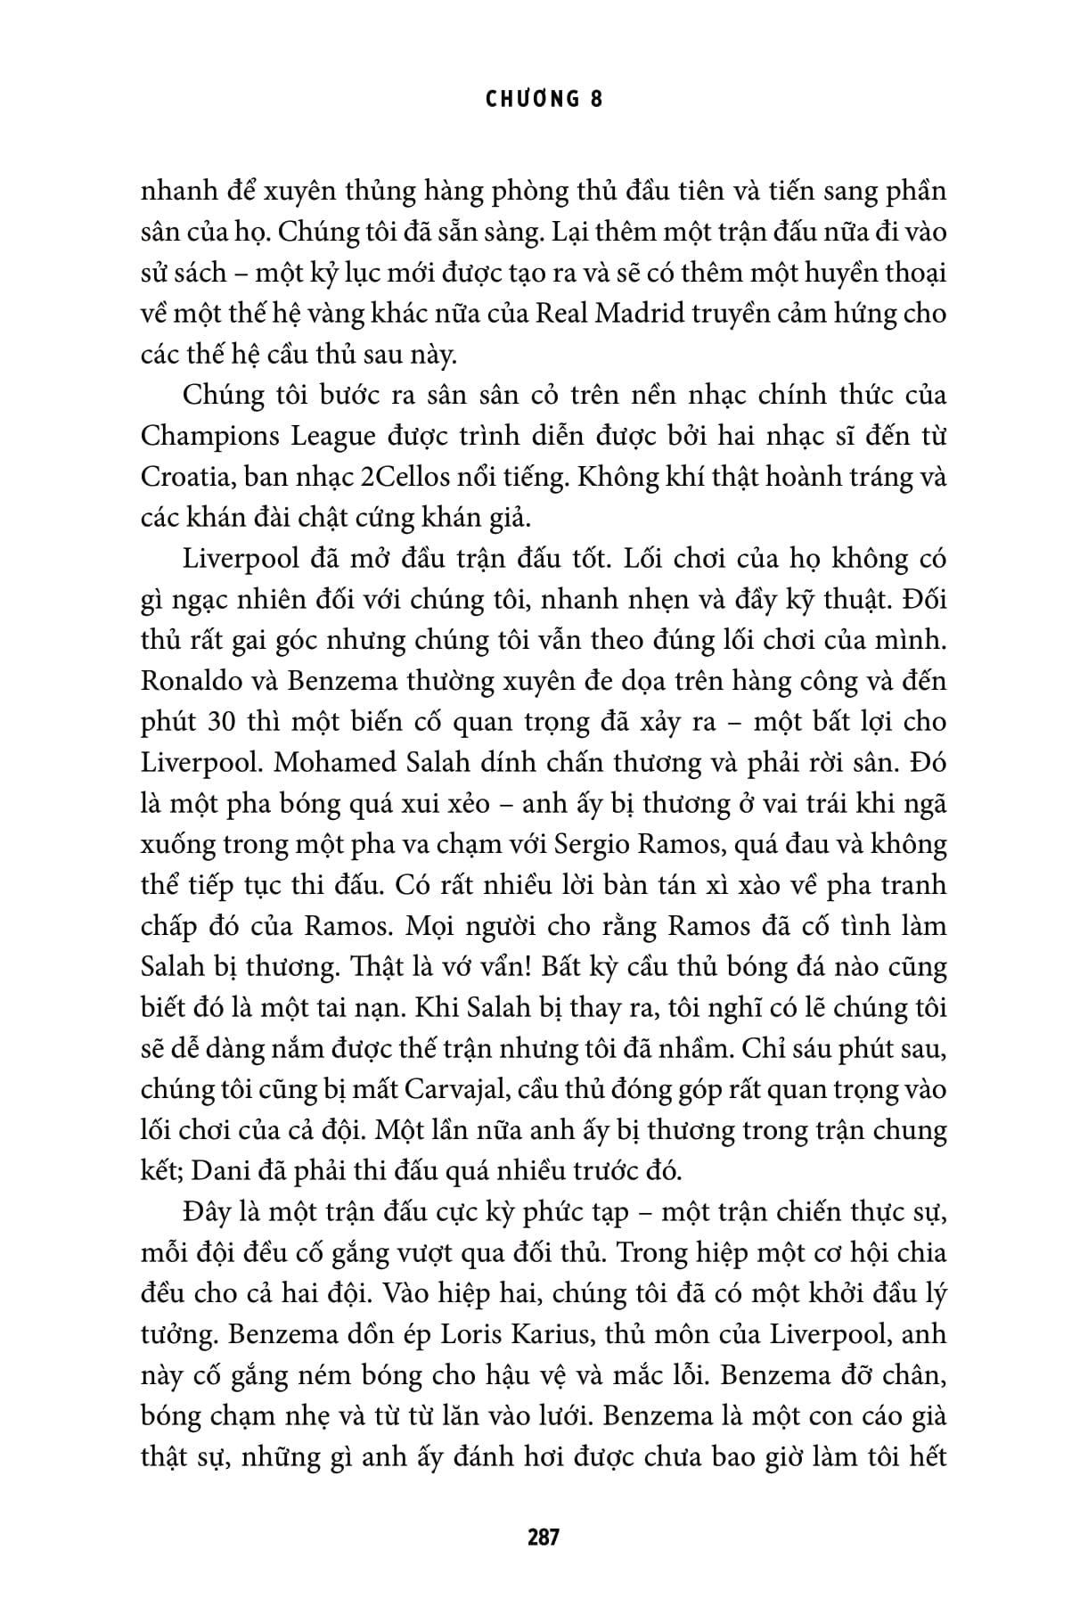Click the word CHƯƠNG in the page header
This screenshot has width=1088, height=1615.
click(530, 99)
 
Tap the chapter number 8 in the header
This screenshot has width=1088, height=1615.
click(596, 99)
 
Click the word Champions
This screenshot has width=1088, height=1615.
click(209, 437)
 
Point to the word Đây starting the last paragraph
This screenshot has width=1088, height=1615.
click(207, 1213)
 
